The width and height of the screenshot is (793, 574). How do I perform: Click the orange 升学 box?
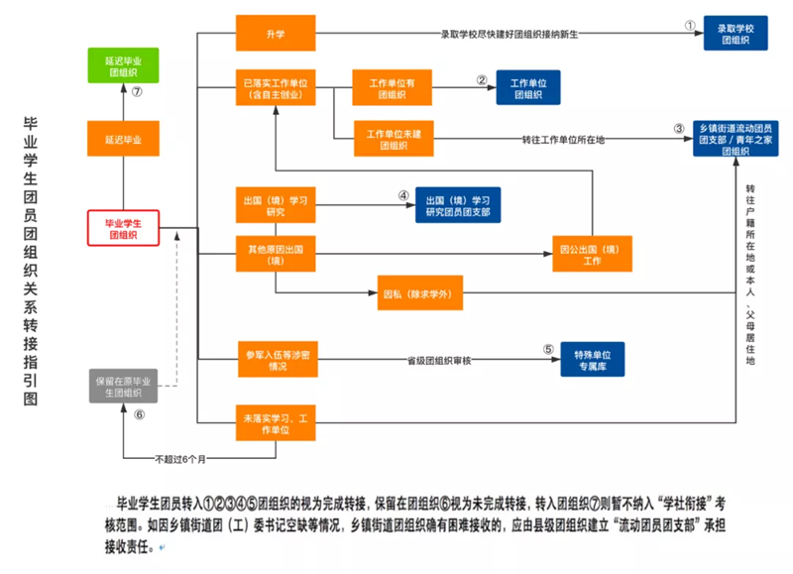pos(274,34)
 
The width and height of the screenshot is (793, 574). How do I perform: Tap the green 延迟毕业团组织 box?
pos(124,64)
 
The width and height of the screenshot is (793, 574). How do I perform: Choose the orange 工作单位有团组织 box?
pos(391,87)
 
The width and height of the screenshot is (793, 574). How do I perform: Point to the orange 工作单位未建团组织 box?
pos(391,140)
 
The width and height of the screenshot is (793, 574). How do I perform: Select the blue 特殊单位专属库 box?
pos(592,359)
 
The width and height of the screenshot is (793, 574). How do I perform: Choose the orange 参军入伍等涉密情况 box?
pos(274,359)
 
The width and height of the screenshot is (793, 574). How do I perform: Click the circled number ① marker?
pos(690,25)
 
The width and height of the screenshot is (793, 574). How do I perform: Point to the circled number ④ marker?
pos(403,196)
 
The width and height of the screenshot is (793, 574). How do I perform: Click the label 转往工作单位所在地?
pos(563,140)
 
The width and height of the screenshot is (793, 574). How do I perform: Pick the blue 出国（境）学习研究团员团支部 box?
pos(457,205)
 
